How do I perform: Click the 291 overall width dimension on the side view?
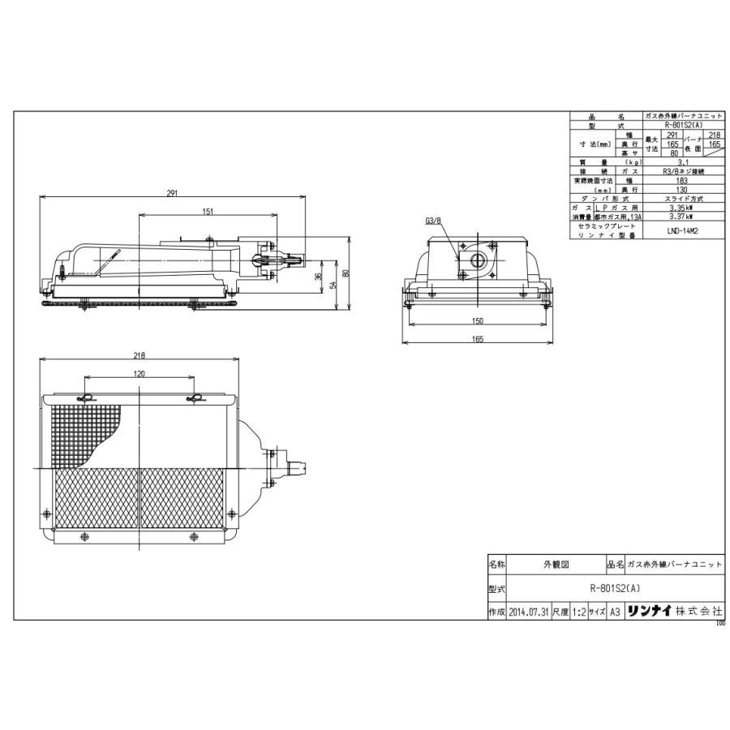[172, 194]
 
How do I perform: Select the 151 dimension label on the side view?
[208, 212]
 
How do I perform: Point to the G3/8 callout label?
[432, 221]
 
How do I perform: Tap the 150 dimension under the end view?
[477, 321]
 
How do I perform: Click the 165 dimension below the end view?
[477, 339]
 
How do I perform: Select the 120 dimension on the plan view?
[139, 374]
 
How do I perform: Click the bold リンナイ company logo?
[649, 611]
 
